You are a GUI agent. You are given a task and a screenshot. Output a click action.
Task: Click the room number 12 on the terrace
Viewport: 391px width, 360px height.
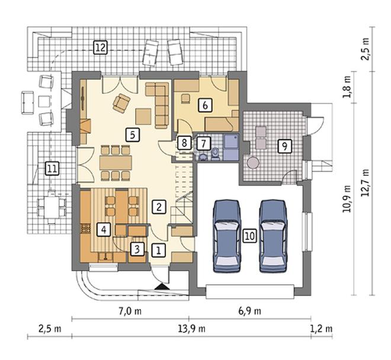pos(100,47)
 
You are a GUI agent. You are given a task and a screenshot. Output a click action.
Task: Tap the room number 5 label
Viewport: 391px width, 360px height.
pos(133,135)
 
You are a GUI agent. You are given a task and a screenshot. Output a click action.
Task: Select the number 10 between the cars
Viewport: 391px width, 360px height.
pos(249,236)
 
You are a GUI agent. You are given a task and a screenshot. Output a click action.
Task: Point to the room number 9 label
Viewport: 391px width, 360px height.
pos(284,146)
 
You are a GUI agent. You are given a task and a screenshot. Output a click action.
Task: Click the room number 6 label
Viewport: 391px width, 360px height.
pos(205,105)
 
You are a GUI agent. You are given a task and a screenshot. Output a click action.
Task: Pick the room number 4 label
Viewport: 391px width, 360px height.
pos(104,229)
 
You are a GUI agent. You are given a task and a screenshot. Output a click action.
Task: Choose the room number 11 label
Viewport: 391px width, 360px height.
pos(52,169)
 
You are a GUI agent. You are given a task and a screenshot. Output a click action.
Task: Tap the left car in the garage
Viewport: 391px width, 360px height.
pos(227,236)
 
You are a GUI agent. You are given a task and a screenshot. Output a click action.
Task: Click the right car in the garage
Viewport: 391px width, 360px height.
pos(273,236)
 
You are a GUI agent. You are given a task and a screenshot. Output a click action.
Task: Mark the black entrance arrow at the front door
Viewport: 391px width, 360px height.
pos(162,287)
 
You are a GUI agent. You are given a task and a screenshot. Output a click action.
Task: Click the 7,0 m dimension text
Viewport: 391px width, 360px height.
pos(130,311)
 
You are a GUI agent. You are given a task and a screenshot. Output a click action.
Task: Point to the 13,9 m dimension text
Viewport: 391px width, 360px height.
pos(192,329)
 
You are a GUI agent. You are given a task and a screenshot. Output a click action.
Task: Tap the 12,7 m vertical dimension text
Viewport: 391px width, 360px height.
pos(366,183)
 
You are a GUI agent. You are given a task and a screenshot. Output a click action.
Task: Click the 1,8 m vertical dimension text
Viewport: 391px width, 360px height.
pos(347,88)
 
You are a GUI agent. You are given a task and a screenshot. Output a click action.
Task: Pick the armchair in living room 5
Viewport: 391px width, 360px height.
pos(121,103)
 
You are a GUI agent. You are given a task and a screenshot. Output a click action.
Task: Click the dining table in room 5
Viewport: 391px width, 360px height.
pos(116,163)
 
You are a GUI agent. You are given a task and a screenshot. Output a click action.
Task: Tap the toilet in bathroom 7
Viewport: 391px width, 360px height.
pos(215,154)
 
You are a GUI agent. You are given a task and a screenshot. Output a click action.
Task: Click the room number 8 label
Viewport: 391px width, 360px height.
pos(184,143)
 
